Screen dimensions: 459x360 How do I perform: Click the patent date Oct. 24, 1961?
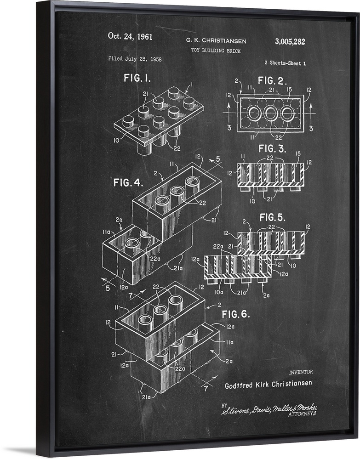[130, 36]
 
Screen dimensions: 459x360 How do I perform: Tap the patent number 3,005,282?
[290, 41]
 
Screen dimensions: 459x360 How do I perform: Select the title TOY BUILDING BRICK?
[216, 51]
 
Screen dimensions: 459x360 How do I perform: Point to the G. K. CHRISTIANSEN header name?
[216, 41]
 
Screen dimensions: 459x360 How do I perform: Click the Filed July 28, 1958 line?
[135, 59]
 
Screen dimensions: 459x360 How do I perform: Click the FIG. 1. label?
[137, 78]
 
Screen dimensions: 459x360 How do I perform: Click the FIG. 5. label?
[273, 217]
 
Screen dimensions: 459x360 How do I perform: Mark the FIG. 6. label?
[235, 314]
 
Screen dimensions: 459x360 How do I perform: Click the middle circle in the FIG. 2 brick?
[271, 113]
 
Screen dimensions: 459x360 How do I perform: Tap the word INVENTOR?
[301, 372]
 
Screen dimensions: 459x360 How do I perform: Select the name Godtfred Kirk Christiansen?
[268, 384]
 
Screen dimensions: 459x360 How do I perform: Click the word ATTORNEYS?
[302, 414]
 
